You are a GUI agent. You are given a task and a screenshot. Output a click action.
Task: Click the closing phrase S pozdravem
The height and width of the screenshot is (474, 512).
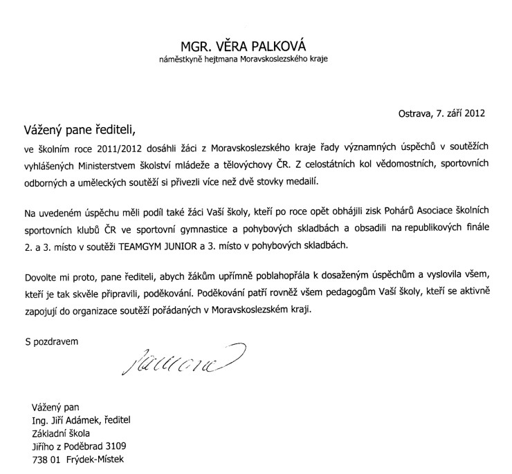[52, 341]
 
